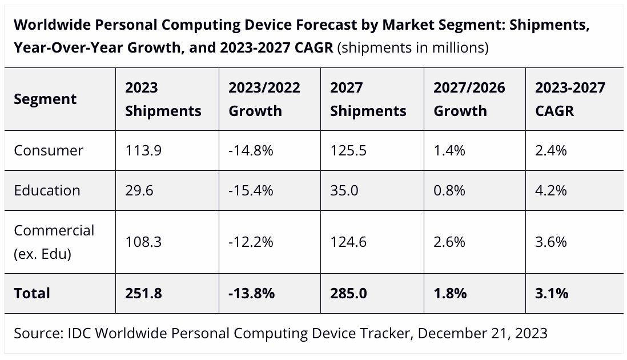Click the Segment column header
coord(45,99)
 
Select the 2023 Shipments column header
coord(163,99)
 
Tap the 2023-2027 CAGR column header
coord(570,99)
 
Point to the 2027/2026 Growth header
coord(469,99)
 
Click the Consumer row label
coord(49,150)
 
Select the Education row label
coord(47,190)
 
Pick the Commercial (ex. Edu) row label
coord(54,242)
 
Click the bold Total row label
coord(32,293)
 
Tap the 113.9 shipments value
coord(143,150)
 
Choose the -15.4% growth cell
coord(251,190)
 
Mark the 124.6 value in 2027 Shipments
coord(349,242)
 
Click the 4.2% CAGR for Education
coord(551,190)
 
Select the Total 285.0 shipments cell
coord(348,293)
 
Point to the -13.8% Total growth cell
coord(252,293)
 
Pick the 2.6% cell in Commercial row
coord(449,242)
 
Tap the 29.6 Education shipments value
coord(139,190)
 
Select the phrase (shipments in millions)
coord(413,48)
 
